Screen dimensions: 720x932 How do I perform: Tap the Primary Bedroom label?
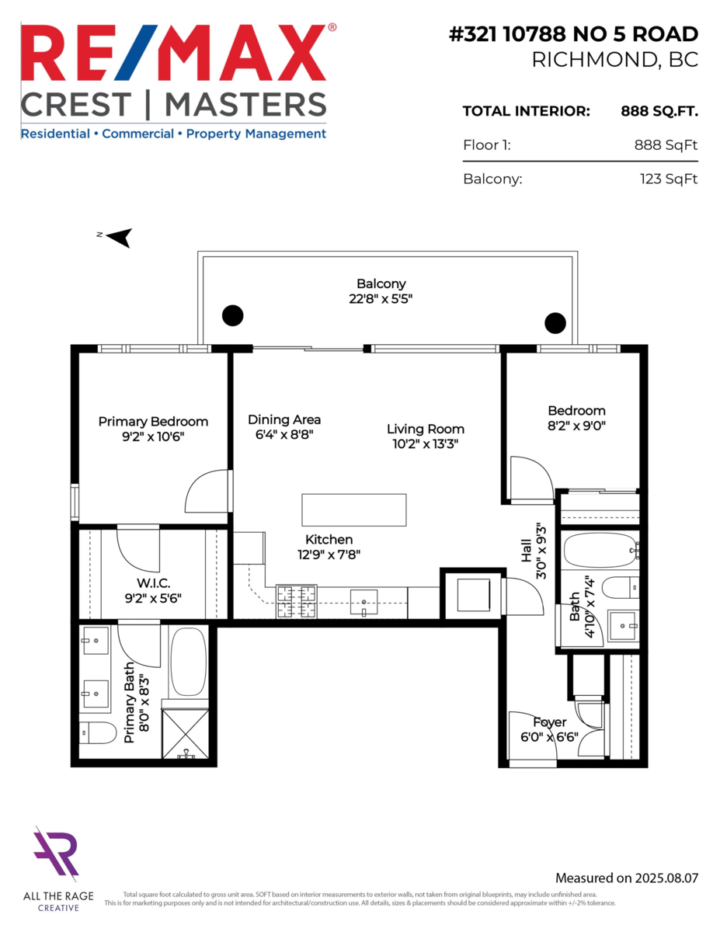(153, 422)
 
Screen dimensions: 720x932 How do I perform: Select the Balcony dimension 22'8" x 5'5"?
(381, 298)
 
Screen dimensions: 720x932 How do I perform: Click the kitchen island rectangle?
(353, 510)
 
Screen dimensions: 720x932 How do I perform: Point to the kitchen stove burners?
(297, 601)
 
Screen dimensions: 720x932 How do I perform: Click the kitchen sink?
(363, 602)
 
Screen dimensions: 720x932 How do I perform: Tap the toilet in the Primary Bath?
(98, 732)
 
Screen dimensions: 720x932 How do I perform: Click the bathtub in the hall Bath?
(601, 551)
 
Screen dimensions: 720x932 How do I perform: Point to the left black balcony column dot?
(232, 315)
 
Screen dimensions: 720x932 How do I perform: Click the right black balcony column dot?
(555, 323)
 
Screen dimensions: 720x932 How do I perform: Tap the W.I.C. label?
(153, 583)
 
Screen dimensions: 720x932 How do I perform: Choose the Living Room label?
(426, 429)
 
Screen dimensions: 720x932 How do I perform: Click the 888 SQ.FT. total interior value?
(659, 112)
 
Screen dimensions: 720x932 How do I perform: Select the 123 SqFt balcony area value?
(669, 179)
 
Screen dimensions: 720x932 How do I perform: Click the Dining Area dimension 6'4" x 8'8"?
(284, 435)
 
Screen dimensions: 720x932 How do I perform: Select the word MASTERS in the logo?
(245, 104)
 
